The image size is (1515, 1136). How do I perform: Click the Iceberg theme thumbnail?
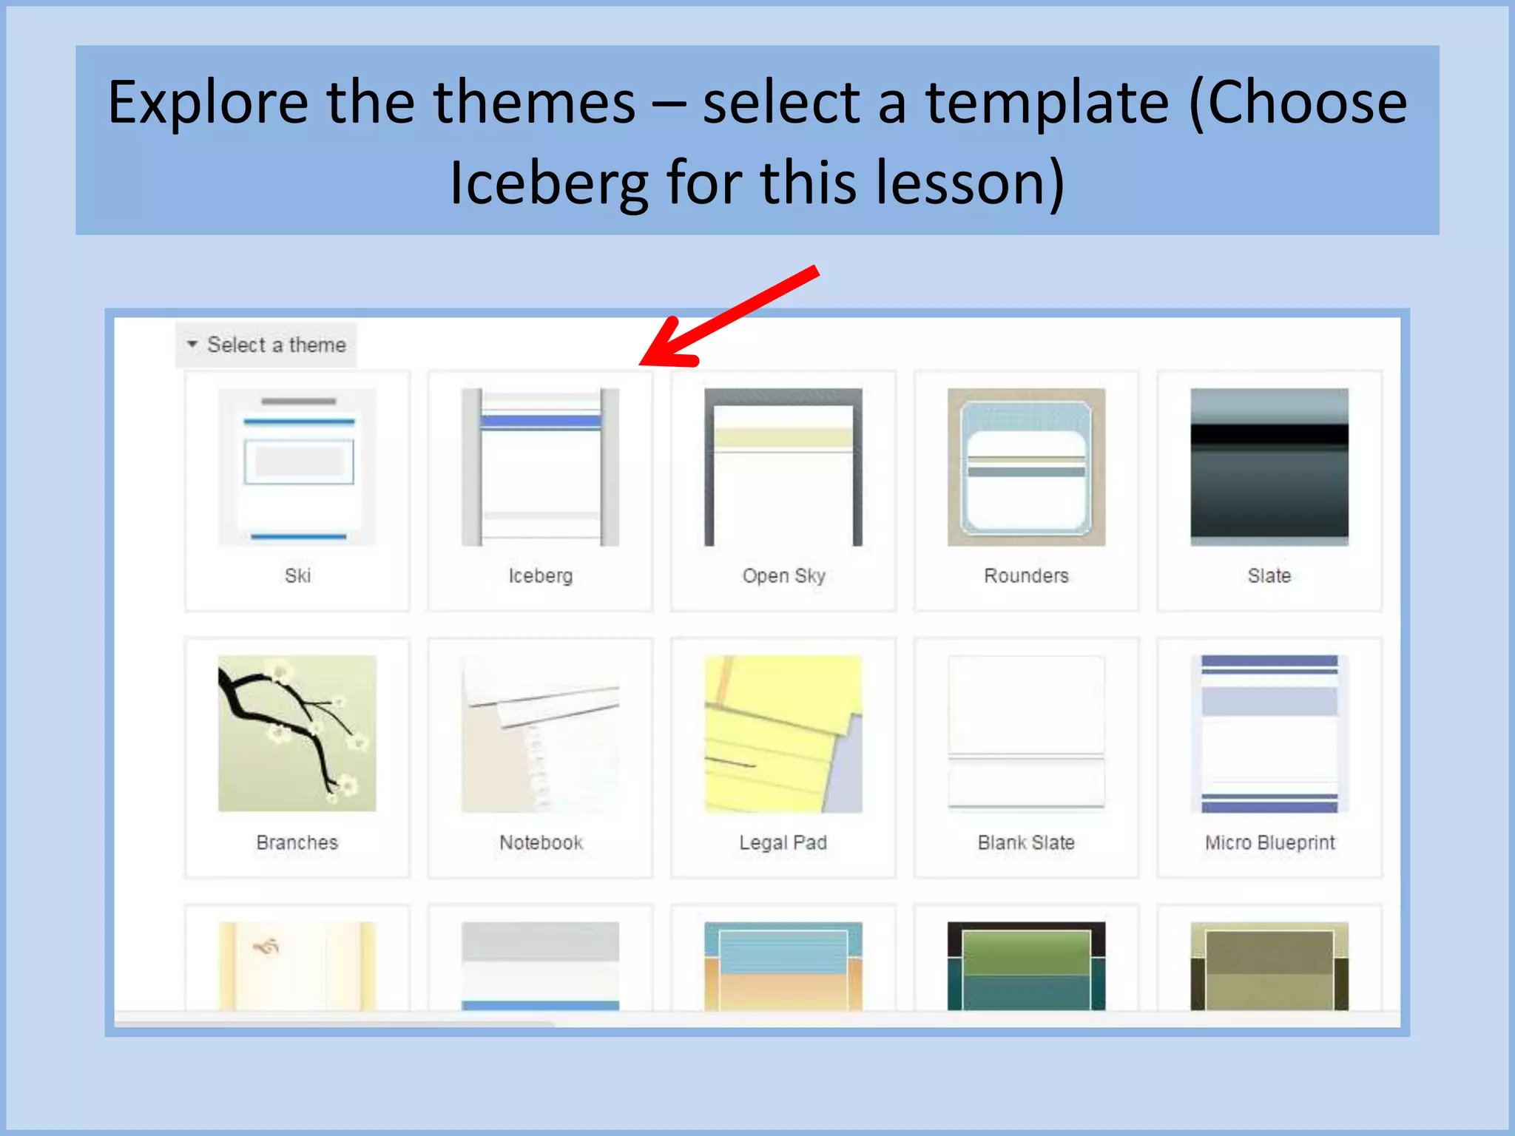tap(540, 467)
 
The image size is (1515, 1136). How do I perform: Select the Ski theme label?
tap(297, 575)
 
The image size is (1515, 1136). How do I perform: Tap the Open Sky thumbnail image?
tap(783, 467)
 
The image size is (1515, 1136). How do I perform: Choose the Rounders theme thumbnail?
tap(1026, 467)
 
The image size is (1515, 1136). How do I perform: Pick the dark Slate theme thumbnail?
tap(1269, 467)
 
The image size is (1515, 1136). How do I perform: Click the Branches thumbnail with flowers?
tap(297, 733)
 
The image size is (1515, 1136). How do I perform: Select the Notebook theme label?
tap(541, 842)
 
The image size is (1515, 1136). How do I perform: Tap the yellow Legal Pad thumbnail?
tap(783, 733)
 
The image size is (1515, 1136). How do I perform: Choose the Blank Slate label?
tap(1026, 842)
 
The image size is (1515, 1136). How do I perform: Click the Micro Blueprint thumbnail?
tap(1269, 733)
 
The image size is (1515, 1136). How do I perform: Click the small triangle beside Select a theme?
tap(192, 344)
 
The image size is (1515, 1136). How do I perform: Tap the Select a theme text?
tap(276, 345)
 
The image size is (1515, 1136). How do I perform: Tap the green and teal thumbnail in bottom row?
tap(1026, 965)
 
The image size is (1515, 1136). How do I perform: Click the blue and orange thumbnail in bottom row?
tap(783, 965)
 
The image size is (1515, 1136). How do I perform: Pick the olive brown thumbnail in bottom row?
tap(1269, 965)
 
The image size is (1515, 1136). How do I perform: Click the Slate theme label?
tap(1269, 575)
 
